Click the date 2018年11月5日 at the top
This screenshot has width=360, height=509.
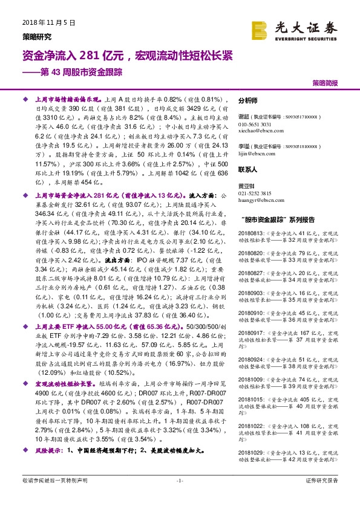48,23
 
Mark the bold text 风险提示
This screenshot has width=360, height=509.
50,450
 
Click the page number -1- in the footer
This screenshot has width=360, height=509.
180,481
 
